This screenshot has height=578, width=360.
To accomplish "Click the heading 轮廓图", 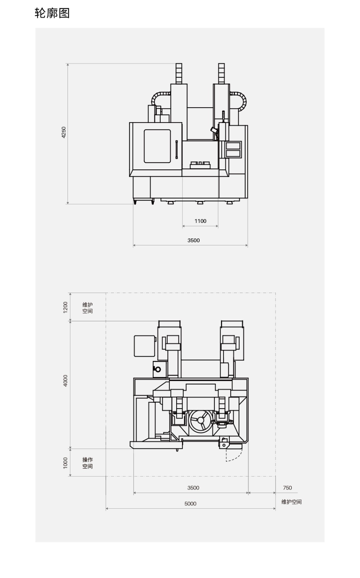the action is point(52,13).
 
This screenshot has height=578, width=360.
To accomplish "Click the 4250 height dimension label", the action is point(64,132).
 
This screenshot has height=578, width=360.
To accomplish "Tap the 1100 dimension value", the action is point(200,221).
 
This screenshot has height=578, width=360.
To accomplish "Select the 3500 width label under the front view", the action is point(194,240).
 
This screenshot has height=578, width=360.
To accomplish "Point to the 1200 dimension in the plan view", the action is point(65,307).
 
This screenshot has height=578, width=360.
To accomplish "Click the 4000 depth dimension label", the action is point(65,381).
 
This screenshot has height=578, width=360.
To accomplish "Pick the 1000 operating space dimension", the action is point(65,463).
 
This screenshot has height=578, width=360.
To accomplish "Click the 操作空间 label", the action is point(88,463).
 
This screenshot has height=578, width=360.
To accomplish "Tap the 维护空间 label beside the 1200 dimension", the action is point(88,307).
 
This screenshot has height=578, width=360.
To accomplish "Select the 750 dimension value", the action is point(287,488).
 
